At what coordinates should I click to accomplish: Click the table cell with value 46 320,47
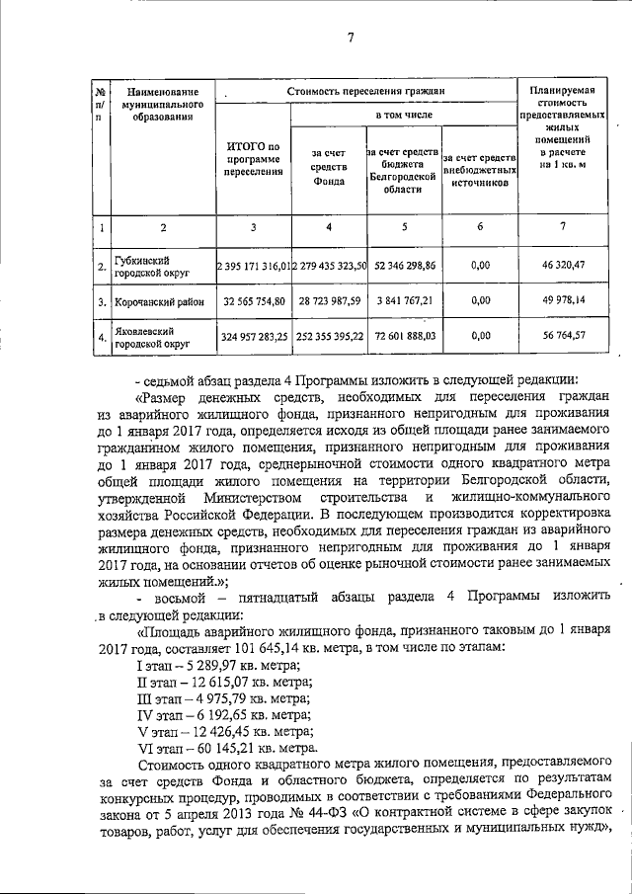coord(562,266)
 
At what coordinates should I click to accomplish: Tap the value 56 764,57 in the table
coord(562,336)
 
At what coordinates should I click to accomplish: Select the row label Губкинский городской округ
coord(151,266)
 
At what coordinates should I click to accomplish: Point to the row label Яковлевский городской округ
coord(151,336)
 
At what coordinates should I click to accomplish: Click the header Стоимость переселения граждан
coord(366,91)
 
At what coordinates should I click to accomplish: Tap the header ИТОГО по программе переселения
coord(254,160)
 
